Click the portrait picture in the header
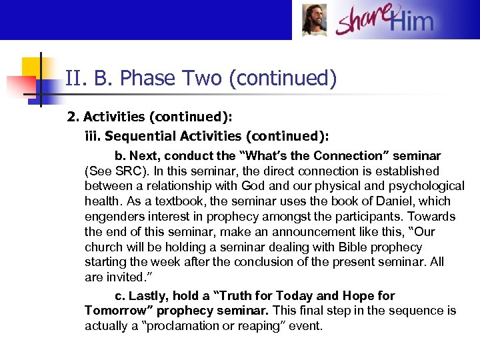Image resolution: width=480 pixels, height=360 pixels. coord(314,21)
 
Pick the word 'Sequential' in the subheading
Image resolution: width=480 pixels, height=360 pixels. coord(140,136)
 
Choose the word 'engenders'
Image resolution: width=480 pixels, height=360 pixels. coord(113,217)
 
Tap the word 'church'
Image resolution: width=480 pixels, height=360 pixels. coord(104,247)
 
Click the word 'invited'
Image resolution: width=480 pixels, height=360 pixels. coord(127,277)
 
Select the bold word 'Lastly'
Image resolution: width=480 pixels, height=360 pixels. coord(149,295)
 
